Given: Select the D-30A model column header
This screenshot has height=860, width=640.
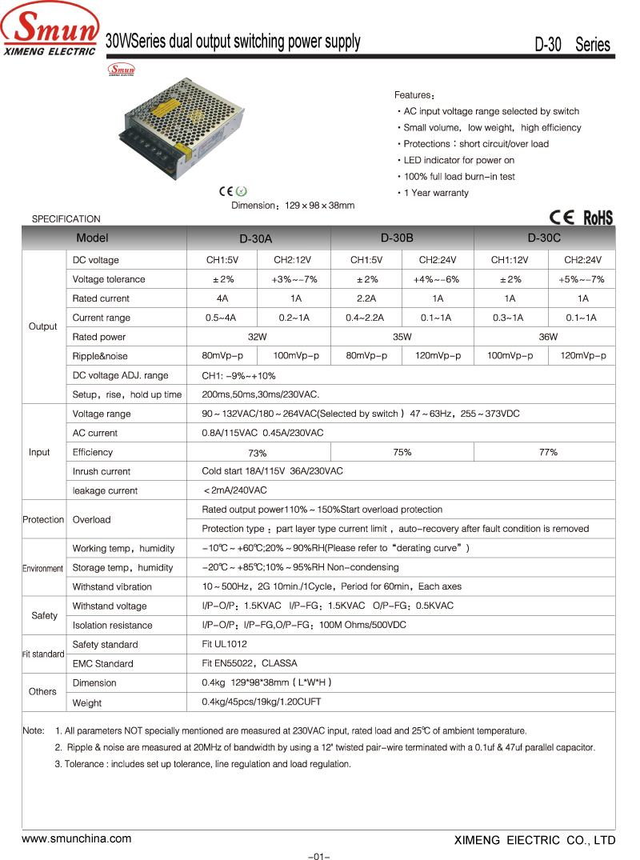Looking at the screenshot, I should pyautogui.click(x=256, y=238).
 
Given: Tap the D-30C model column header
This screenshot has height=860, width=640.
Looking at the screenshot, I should pyautogui.click(x=544, y=238).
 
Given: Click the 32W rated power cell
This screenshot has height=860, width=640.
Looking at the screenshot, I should pyautogui.click(x=258, y=337).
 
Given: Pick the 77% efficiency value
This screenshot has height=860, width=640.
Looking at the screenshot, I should pyautogui.click(x=548, y=452).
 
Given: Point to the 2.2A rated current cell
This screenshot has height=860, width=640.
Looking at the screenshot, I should pyautogui.click(x=366, y=298).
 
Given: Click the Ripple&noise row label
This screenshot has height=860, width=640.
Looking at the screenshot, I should pyautogui.click(x=100, y=356).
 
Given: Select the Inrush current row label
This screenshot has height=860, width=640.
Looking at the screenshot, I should pyautogui.click(x=102, y=471).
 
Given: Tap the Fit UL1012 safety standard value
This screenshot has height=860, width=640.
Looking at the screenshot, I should pyautogui.click(x=224, y=644).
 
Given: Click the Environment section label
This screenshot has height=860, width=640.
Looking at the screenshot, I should pyautogui.click(x=42, y=568).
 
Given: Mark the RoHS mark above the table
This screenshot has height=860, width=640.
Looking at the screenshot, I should pyautogui.click(x=598, y=218).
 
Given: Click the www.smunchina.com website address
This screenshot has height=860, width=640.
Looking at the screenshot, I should pyautogui.click(x=76, y=838).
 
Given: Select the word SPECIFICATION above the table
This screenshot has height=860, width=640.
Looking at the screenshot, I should pyautogui.click(x=66, y=218).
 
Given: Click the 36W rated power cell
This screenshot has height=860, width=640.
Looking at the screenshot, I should pyautogui.click(x=548, y=337).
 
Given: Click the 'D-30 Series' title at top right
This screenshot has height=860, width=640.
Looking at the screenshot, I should pyautogui.click(x=572, y=45).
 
